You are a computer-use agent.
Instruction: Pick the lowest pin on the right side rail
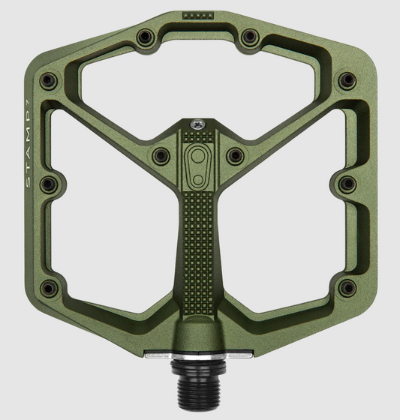pyautogui.click(x=346, y=287)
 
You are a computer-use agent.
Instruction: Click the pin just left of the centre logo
pyautogui.click(x=160, y=156)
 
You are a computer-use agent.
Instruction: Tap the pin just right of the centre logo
pyautogui.click(x=236, y=156)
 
